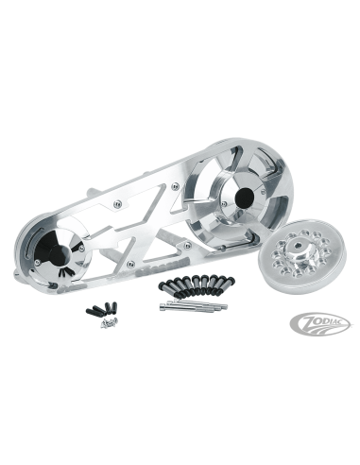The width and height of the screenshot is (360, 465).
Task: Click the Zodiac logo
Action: click(x=319, y=323)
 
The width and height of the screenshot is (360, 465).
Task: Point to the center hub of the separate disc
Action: click(x=295, y=251)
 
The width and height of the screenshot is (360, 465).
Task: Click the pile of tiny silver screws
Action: click(x=110, y=322)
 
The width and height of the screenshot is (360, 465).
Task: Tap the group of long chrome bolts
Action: click(x=193, y=304)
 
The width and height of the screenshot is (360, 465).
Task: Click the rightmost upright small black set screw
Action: click(x=114, y=306)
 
